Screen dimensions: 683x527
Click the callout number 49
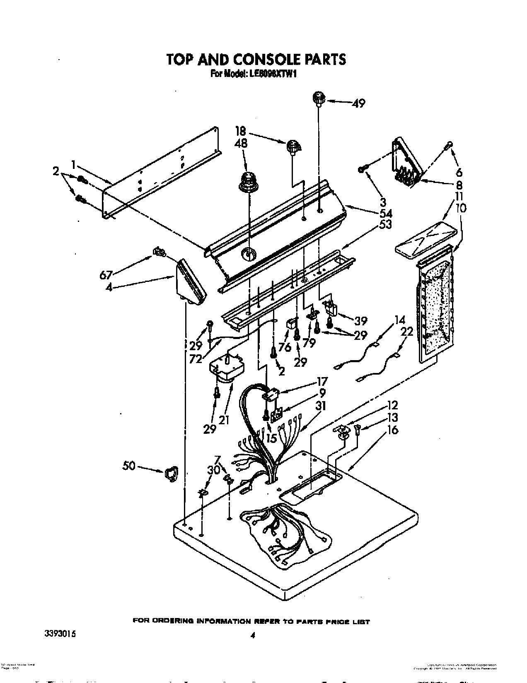(x=358, y=103)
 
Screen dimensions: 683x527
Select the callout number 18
(x=240, y=132)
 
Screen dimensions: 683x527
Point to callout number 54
(x=386, y=214)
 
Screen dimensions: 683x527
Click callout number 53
(x=386, y=225)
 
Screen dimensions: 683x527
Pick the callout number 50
(x=129, y=466)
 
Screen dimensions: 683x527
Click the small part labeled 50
(x=171, y=472)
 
